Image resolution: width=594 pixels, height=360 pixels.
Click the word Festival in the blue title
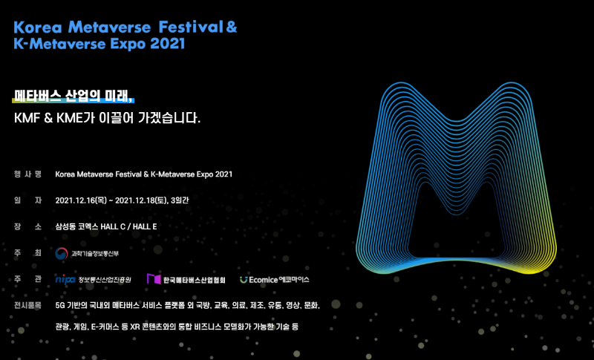(x=191, y=27)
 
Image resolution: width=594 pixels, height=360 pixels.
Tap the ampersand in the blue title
(x=231, y=27)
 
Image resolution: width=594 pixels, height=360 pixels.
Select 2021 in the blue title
(x=168, y=44)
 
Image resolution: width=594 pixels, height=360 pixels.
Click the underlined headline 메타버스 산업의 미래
(x=72, y=96)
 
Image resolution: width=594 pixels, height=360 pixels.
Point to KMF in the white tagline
(x=27, y=118)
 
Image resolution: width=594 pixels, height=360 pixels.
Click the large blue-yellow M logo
(x=456, y=178)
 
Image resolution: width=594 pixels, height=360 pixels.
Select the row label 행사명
(x=27, y=174)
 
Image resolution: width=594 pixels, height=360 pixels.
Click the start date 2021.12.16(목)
(x=81, y=200)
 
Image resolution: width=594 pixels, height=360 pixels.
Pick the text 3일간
(x=180, y=200)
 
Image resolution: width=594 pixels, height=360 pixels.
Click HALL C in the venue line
(x=113, y=226)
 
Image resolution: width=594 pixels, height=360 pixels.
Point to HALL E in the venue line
(x=145, y=226)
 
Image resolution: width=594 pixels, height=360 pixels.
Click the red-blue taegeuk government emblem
(x=62, y=253)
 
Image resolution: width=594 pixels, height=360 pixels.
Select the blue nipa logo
(x=65, y=279)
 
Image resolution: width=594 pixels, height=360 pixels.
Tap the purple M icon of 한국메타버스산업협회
(x=154, y=279)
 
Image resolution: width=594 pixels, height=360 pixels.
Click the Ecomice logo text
(x=264, y=280)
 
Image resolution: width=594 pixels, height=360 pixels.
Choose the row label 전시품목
(x=27, y=305)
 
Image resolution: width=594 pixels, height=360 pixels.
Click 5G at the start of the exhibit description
(x=60, y=305)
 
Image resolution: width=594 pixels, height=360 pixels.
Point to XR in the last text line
(x=135, y=327)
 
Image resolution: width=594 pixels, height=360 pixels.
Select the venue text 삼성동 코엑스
(x=76, y=226)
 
